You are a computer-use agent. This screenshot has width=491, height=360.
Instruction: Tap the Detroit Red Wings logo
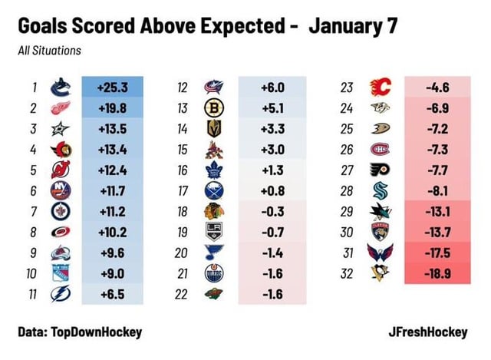pos(60,107)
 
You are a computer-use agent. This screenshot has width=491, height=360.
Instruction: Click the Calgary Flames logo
pos(379,87)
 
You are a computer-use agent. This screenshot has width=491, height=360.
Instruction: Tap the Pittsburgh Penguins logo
pos(379,273)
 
